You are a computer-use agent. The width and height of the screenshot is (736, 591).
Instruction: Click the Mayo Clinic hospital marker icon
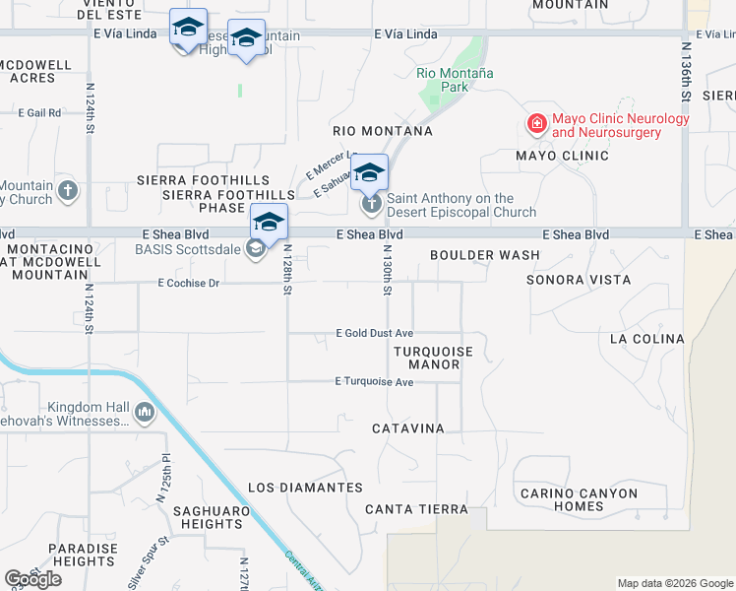(x=536, y=123)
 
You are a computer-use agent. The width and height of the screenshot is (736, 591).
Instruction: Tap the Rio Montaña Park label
(x=455, y=80)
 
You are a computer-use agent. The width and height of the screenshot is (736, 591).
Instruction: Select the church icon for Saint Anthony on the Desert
(x=371, y=205)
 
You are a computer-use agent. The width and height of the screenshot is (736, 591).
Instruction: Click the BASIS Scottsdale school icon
(x=256, y=248)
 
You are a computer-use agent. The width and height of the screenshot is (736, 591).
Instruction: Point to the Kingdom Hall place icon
(x=145, y=412)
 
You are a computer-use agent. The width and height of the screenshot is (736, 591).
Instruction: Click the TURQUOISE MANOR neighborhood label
(x=434, y=358)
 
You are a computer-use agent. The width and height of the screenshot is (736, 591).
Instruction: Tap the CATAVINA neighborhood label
(x=408, y=428)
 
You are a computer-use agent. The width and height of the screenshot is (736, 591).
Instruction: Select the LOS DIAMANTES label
(x=306, y=488)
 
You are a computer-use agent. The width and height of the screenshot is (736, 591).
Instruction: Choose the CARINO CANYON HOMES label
(x=579, y=500)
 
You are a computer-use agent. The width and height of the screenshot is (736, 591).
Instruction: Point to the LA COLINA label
(x=646, y=339)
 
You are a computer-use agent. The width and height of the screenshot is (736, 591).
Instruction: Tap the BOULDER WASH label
(x=485, y=255)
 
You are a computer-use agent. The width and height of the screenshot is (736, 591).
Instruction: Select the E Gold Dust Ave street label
(x=374, y=334)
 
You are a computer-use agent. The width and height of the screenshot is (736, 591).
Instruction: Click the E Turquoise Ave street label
(x=374, y=381)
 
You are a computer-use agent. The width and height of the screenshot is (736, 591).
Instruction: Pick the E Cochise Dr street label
(x=188, y=283)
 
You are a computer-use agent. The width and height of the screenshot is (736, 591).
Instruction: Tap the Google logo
(x=33, y=579)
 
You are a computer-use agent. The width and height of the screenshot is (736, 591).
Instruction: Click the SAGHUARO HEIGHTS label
(x=208, y=517)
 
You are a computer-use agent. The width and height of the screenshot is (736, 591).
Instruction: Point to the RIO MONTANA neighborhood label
(x=383, y=131)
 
